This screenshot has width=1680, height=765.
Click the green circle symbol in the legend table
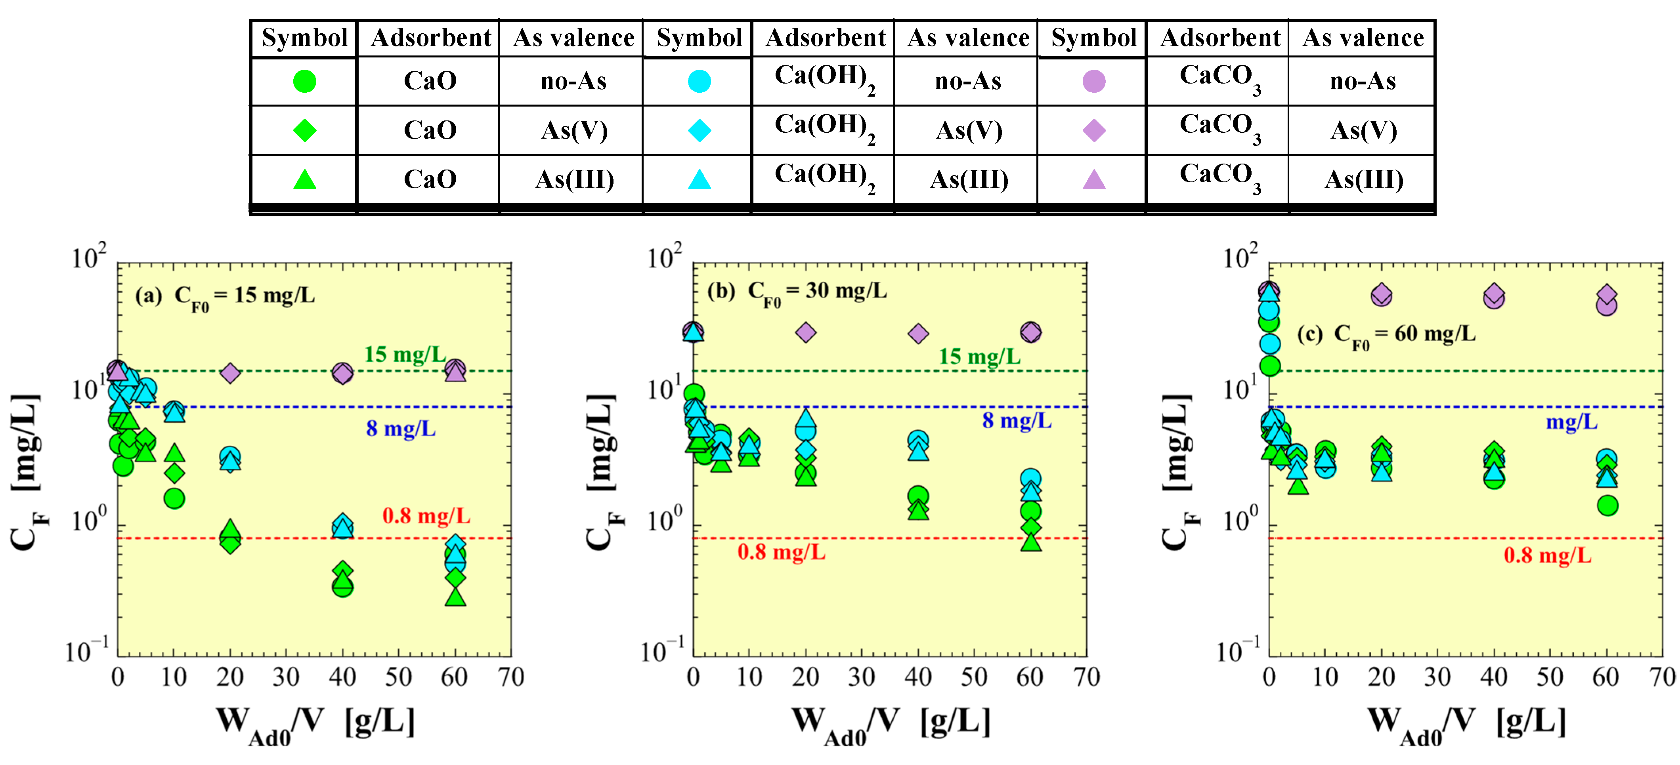(x=304, y=82)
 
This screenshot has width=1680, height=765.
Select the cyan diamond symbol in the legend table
(x=699, y=130)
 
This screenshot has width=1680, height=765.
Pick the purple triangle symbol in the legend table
(x=1094, y=179)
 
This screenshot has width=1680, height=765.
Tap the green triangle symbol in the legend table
(x=304, y=179)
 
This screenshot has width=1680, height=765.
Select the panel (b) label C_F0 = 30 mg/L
(x=797, y=292)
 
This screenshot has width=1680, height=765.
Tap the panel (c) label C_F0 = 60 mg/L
(x=1386, y=335)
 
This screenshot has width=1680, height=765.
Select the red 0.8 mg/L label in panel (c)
(x=1547, y=556)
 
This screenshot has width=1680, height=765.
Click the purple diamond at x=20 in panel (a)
(x=229, y=373)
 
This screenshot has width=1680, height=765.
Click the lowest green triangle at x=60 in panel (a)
(x=455, y=597)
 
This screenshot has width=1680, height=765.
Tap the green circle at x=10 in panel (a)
(x=174, y=499)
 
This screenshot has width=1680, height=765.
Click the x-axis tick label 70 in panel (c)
(x=1662, y=677)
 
